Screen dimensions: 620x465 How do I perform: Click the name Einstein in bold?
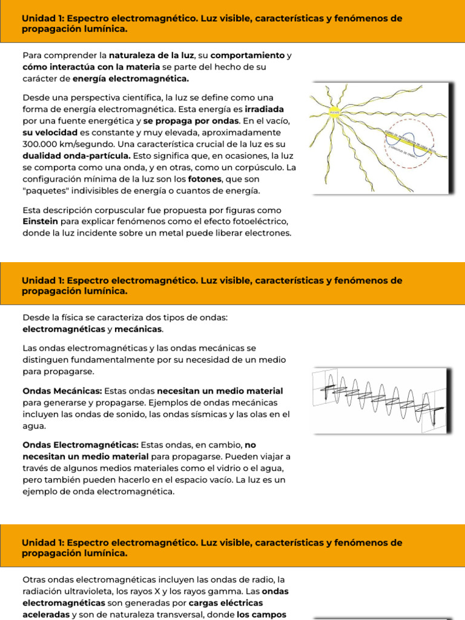40,222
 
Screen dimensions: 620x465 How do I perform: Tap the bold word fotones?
205,180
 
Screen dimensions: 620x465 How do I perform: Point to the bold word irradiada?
265,110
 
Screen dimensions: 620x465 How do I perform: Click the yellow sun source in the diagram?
334,111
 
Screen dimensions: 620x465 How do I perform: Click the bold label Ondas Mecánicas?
62,391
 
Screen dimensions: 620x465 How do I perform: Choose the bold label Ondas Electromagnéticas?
81,444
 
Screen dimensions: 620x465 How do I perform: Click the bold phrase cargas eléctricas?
226,603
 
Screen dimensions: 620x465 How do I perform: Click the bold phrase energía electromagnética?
131,79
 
